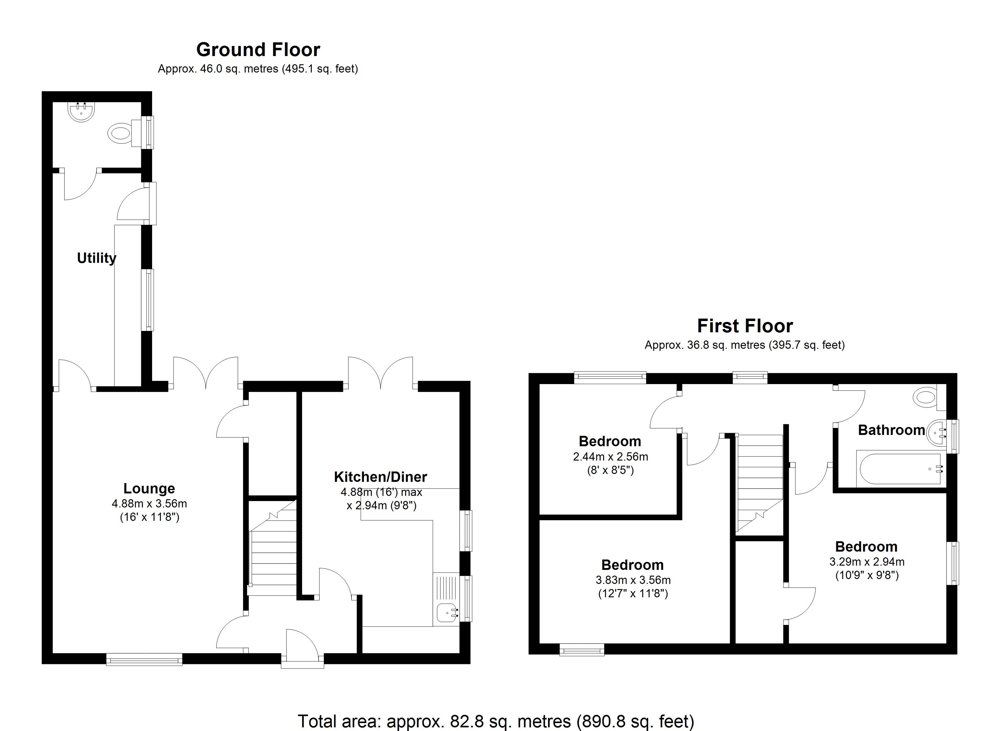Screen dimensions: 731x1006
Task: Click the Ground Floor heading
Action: [x=258, y=50]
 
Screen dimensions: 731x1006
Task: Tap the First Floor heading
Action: [x=745, y=326]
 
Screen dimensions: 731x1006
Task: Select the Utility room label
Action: [x=96, y=258]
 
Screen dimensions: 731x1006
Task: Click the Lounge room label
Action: [x=149, y=489]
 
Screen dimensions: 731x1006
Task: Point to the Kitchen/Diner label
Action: [x=380, y=477]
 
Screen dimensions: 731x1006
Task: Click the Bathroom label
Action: [x=891, y=430]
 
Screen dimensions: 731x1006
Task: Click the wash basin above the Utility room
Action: [x=82, y=112]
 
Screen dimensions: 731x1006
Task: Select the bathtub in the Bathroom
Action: [x=901, y=469]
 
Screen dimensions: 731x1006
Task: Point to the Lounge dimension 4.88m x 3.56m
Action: [x=149, y=503]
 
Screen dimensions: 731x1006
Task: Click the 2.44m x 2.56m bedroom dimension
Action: [x=610, y=457]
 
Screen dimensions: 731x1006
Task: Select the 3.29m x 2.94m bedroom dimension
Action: [x=867, y=562]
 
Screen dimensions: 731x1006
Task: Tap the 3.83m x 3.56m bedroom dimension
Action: [x=633, y=580]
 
